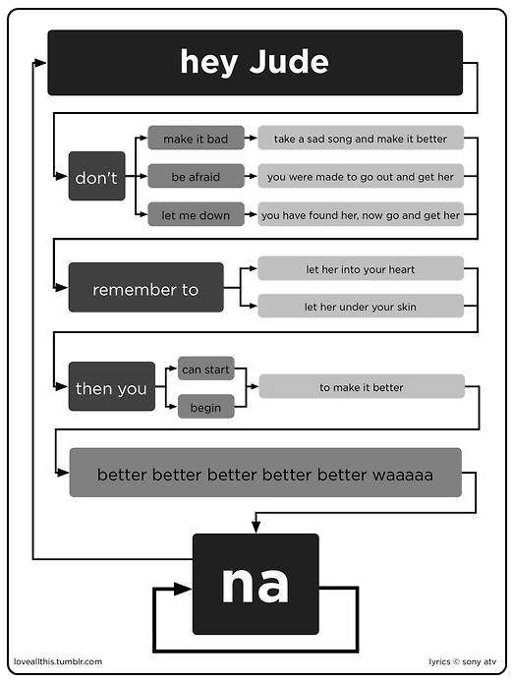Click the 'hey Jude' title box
coord(255,63)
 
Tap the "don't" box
coord(96,176)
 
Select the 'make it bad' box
coord(196,138)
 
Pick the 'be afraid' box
coord(196,176)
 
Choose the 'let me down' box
coord(196,214)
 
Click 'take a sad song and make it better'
coord(361,138)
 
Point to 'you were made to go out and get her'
coord(361,176)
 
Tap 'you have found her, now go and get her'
coord(361,214)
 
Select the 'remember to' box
coord(146,287)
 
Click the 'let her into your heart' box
coord(361,268)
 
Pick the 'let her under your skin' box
coord(361,307)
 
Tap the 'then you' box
coord(112,386)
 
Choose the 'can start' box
coord(206,368)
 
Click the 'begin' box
coord(206,407)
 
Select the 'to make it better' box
coord(362,386)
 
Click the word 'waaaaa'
coord(402,475)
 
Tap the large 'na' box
coord(256,584)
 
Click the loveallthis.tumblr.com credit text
coord(58,661)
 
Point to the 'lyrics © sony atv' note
coord(462,661)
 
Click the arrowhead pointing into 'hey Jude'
coord(40,63)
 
